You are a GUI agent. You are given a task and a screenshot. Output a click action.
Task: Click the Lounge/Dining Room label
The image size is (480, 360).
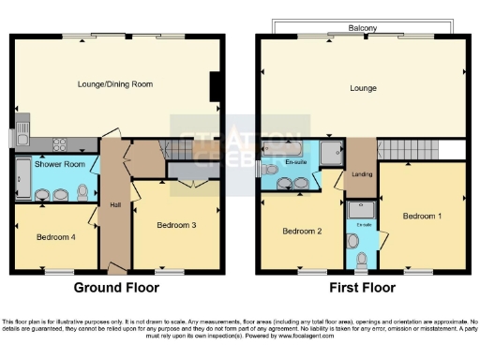[x=114, y=83]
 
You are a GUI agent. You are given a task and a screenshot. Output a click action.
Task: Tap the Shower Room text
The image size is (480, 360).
[x=54, y=164]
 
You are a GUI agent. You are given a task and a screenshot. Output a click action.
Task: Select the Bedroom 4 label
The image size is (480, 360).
[x=55, y=237]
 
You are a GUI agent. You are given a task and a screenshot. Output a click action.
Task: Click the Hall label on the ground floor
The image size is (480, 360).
[x=114, y=204]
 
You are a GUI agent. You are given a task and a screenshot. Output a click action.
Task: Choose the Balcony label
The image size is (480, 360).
[x=361, y=29]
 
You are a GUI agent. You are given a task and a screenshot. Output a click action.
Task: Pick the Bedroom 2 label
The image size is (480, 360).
[x=303, y=231]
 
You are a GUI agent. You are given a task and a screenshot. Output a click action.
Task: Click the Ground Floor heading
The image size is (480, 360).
[x=116, y=288]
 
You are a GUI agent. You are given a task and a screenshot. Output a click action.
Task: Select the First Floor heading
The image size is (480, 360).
[x=360, y=288]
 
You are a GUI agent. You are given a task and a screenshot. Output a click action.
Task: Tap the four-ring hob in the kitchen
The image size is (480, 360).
[x=59, y=144]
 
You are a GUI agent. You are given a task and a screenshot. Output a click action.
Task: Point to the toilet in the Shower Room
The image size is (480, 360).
[x=82, y=191]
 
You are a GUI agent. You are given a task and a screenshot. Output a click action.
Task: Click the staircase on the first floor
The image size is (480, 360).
[x=411, y=149]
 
